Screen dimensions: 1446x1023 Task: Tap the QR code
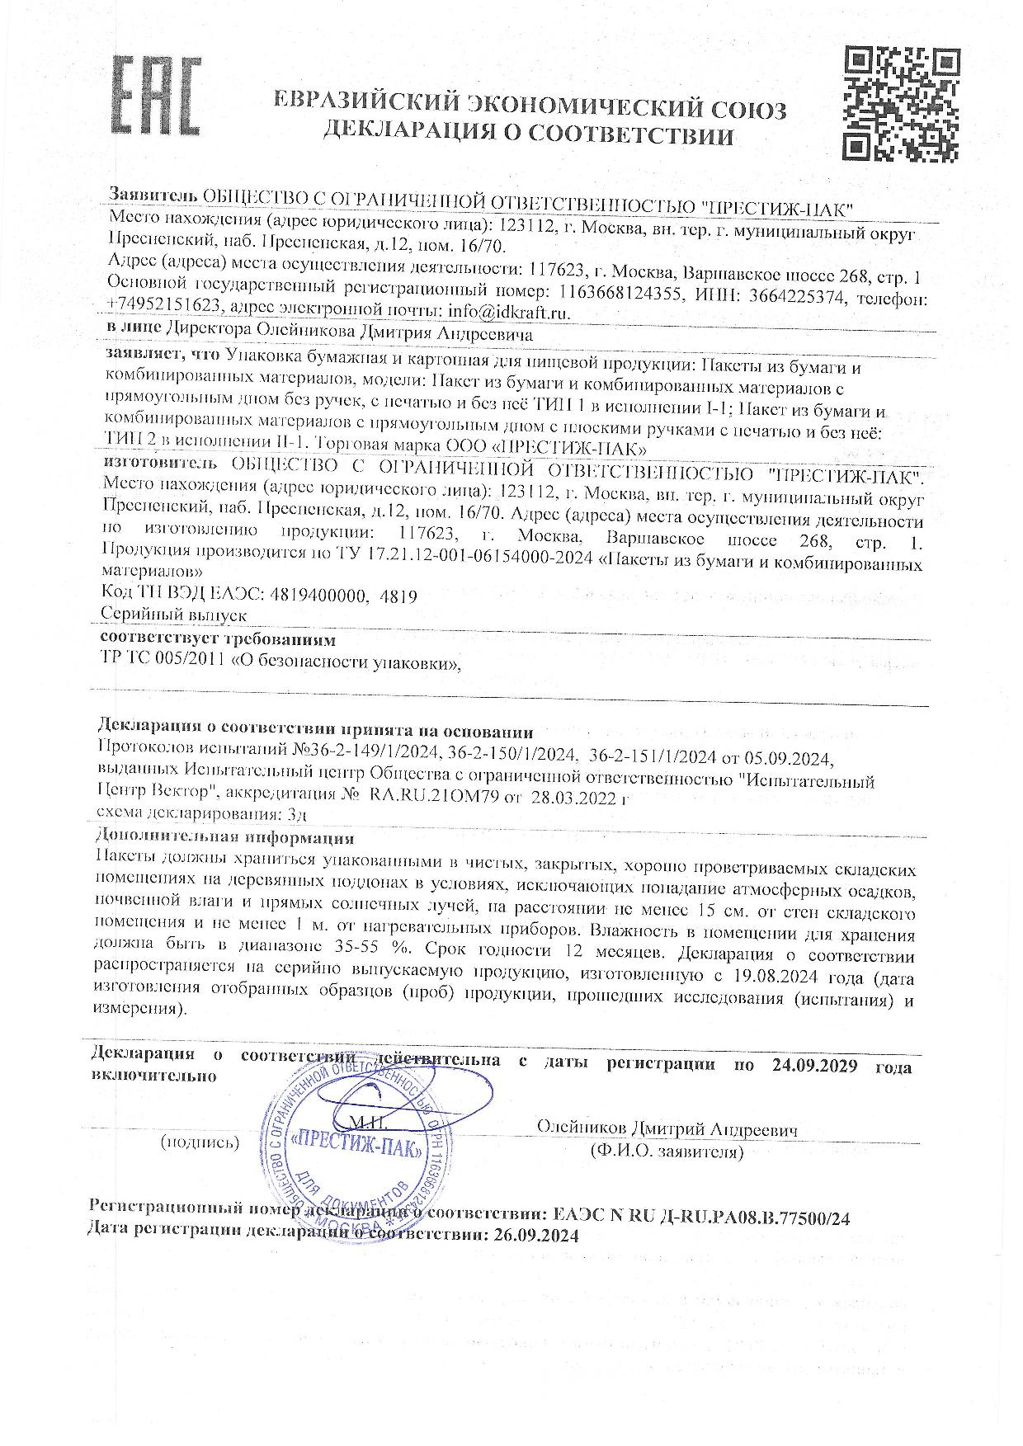902,103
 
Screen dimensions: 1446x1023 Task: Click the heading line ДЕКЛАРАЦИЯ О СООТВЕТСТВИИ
528,132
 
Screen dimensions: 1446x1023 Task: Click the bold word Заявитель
153,195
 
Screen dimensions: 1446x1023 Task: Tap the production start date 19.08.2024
770,977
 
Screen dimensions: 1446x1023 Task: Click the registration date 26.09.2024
536,1235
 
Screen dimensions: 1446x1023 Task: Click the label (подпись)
200,1142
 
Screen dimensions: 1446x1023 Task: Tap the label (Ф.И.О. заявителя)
667,1150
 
